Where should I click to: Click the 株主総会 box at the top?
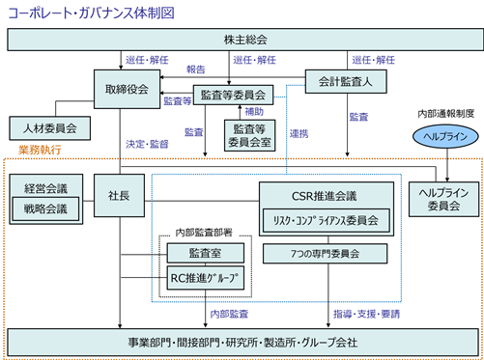(245, 40)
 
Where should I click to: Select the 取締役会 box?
(127, 89)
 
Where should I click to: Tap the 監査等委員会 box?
(233, 95)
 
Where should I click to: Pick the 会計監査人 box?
(346, 82)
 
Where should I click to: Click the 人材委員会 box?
(49, 128)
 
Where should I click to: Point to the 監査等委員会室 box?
(249, 135)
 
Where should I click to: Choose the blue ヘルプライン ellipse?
(445, 136)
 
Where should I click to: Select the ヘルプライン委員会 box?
(443, 199)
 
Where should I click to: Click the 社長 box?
(119, 195)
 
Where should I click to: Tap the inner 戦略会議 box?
(45, 209)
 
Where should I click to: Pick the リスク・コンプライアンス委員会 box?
(327, 220)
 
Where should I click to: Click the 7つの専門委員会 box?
(325, 254)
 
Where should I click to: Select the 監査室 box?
(205, 253)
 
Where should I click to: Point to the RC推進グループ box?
(205, 278)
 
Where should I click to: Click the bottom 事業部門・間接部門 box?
(242, 343)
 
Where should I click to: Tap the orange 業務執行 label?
(40, 150)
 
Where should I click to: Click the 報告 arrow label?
(196, 69)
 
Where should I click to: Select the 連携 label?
(299, 134)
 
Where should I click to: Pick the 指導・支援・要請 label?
(366, 314)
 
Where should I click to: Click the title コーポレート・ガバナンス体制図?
(91, 14)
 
